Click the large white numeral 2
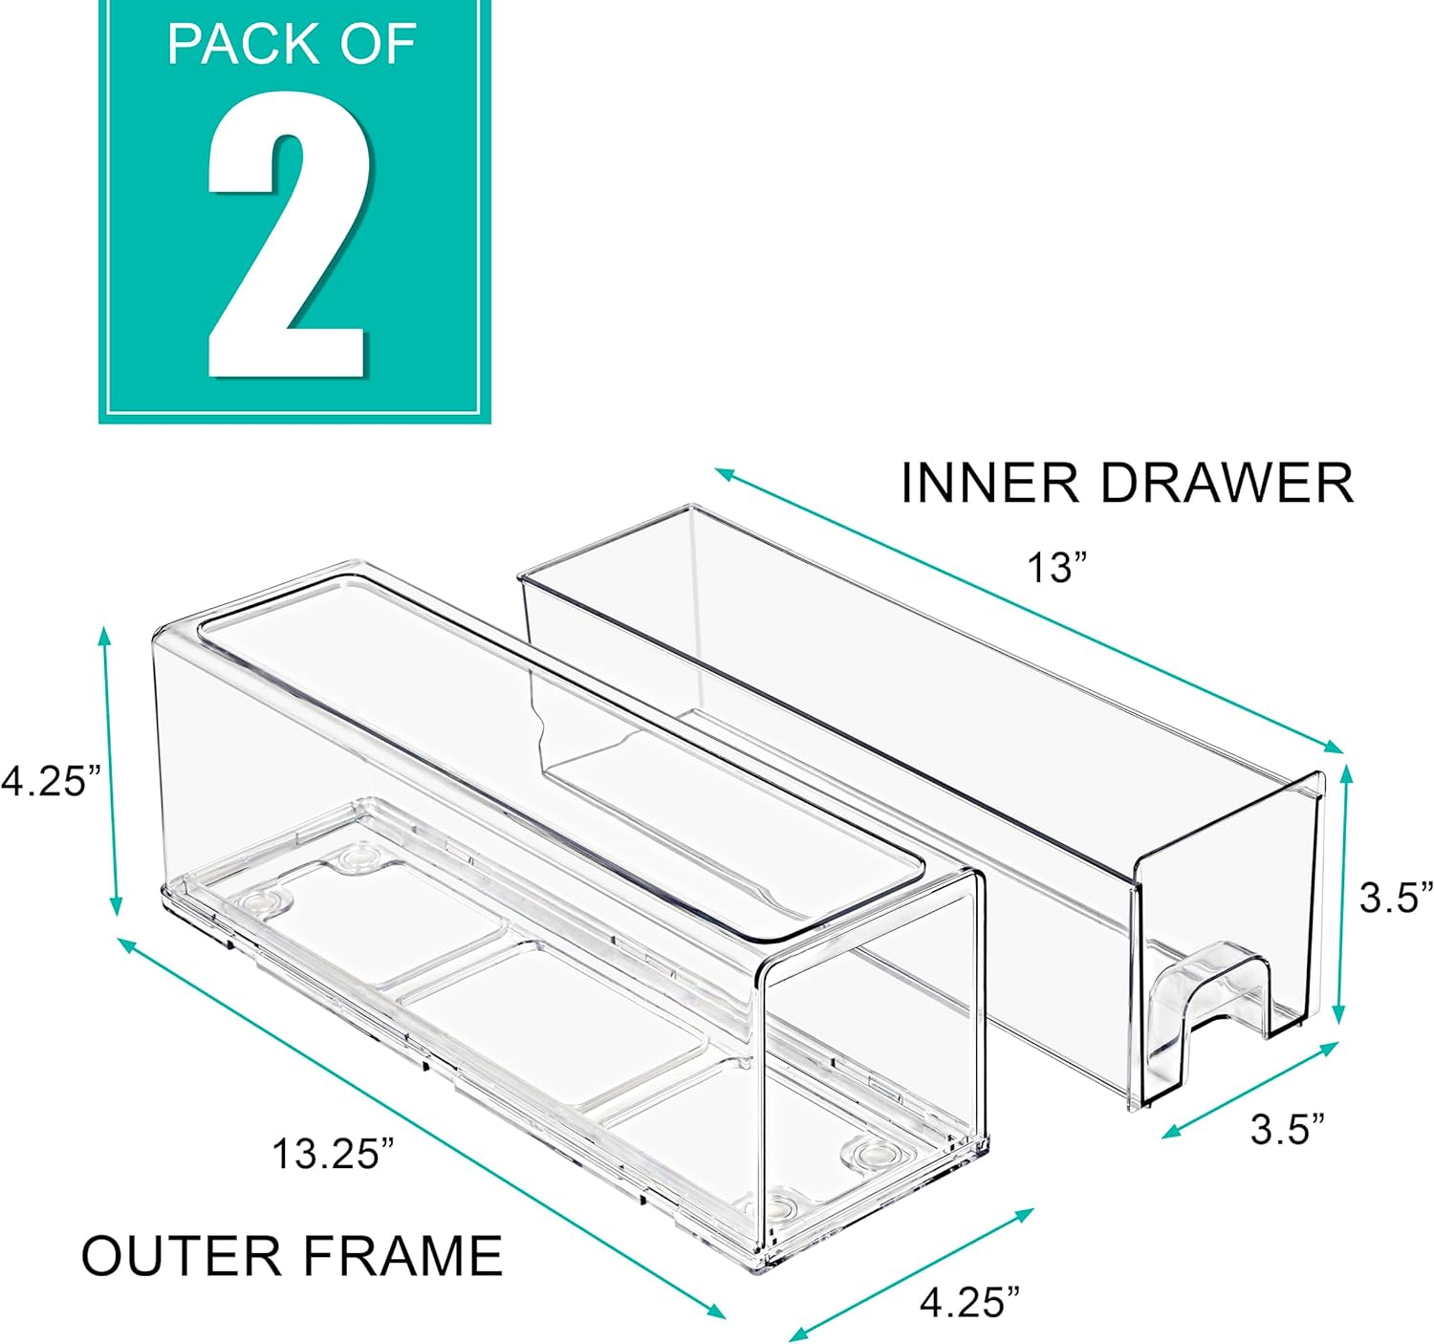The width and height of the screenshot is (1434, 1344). point(287,239)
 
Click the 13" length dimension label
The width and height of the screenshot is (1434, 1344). point(1057,568)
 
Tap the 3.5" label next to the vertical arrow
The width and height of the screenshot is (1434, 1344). point(1397,898)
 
